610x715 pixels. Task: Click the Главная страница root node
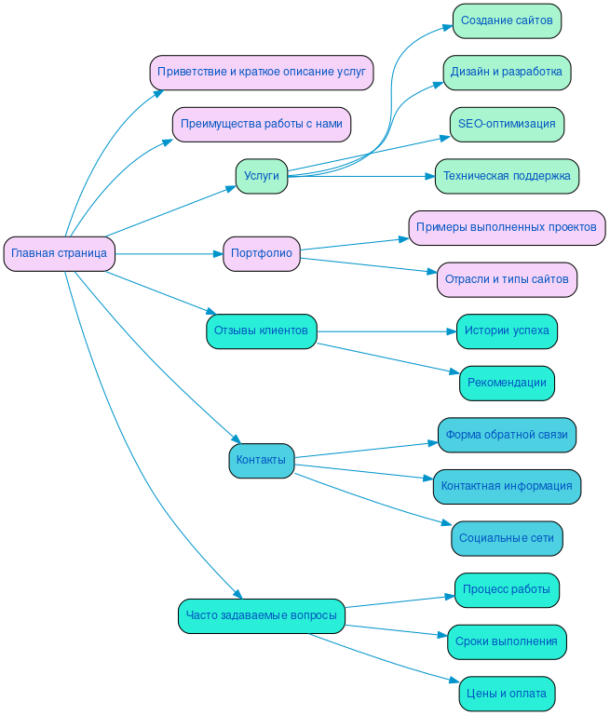[x=59, y=253]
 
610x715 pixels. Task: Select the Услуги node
[x=261, y=176]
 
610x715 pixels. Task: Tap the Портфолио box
[x=261, y=253]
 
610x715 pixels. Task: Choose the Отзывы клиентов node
[x=262, y=331]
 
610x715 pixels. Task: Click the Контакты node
[x=261, y=460]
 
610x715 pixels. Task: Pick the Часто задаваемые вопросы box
[x=262, y=615]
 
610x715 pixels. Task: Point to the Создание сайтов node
[x=507, y=20]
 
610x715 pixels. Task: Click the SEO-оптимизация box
[x=507, y=124]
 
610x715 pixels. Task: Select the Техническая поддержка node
[x=507, y=176]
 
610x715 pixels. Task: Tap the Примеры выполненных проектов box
[x=507, y=227]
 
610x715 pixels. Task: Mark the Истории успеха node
[x=507, y=331]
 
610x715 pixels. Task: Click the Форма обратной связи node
[x=507, y=434]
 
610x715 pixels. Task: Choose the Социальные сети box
[x=507, y=538]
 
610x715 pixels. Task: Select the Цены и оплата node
[x=507, y=694]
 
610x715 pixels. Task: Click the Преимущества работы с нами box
[x=262, y=124]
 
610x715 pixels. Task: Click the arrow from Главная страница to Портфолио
[x=168, y=253]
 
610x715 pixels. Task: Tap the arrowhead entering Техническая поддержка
[x=429, y=176]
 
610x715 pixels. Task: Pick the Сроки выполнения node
[x=507, y=641]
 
